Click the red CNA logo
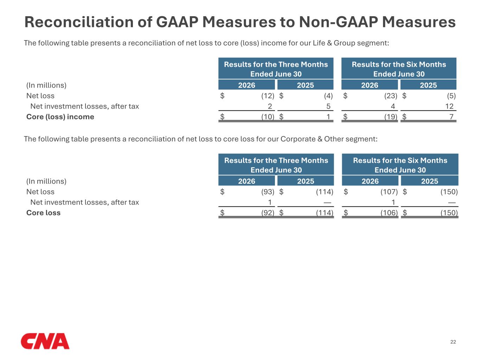pyautogui.click(x=45, y=341)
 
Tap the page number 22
pyautogui.click(x=453, y=342)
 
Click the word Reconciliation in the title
pyautogui.click(x=79, y=22)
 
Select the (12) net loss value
pyautogui.click(x=268, y=96)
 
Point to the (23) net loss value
pyautogui.click(x=391, y=96)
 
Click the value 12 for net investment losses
pyautogui.click(x=449, y=106)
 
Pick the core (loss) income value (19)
pyautogui.click(x=391, y=117)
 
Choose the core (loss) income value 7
pyautogui.click(x=452, y=117)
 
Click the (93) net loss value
pyautogui.click(x=268, y=192)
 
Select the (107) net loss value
pyautogui.click(x=389, y=192)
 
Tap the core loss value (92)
pyautogui.click(x=268, y=213)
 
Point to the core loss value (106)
pyautogui.click(x=389, y=213)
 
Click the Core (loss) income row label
pyautogui.click(x=60, y=117)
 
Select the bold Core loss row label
pyautogui.click(x=43, y=213)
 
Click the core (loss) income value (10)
pyautogui.click(x=268, y=117)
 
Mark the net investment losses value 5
pyautogui.click(x=328, y=106)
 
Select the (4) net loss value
pyautogui.click(x=328, y=96)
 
